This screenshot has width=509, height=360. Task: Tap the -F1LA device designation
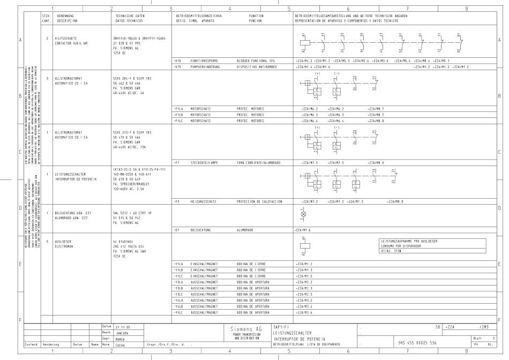coord(179,108)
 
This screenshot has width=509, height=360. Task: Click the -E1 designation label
coord(177,229)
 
